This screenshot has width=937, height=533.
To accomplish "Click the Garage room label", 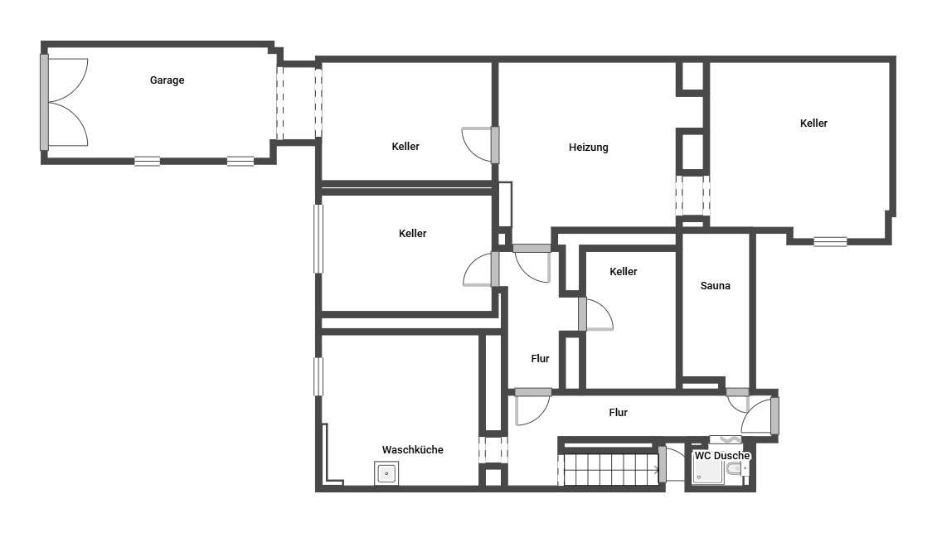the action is [x=167, y=80].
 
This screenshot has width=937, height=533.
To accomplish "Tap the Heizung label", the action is [x=588, y=147].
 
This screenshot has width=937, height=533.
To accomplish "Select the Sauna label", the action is [x=715, y=286].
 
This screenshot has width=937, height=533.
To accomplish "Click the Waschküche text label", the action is [x=412, y=449].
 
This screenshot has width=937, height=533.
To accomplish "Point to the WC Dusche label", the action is [x=722, y=455].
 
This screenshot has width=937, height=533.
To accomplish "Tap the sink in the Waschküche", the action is [x=386, y=474].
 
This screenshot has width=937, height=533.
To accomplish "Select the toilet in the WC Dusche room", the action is [x=735, y=469].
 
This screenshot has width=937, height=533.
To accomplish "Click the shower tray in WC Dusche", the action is [x=708, y=471].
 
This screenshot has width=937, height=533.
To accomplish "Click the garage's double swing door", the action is [x=65, y=102].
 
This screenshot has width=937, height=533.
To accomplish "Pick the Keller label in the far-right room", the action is [x=813, y=123].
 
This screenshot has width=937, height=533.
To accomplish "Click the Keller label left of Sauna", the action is [x=623, y=271].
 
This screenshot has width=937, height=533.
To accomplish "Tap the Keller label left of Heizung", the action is [x=405, y=147].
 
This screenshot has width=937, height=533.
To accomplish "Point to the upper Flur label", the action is [x=540, y=359].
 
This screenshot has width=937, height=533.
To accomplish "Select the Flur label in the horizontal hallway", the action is [x=618, y=412].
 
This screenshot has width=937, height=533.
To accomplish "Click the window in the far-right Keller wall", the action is [x=830, y=241].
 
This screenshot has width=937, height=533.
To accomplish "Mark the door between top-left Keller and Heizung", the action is [x=480, y=144].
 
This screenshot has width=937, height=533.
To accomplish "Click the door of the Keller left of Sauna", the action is [x=595, y=314].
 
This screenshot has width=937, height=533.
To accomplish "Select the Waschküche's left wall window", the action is [x=318, y=376].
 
